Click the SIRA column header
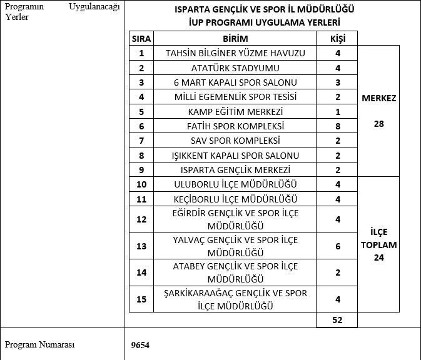(x=141, y=38)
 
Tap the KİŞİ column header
(x=338, y=38)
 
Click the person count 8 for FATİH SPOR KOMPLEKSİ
(x=338, y=126)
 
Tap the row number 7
(x=141, y=141)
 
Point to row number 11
(x=141, y=199)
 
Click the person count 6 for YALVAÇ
(x=338, y=246)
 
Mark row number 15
(x=141, y=299)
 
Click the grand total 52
(x=338, y=319)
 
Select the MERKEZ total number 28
(x=378, y=124)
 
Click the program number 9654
(x=140, y=344)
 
